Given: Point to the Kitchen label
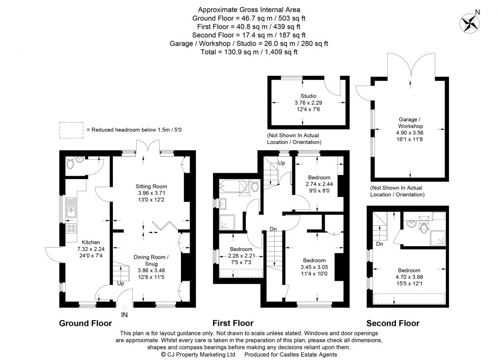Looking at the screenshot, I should coord(90,242).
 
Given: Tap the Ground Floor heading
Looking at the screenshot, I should coord(85,323).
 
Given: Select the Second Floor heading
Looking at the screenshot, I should coord(392,323).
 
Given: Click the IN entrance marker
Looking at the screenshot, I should coord(124,315).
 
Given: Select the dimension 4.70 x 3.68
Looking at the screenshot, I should coord(409,277).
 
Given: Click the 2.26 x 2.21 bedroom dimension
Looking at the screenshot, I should coord(241,256).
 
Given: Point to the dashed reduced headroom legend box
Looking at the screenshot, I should coord(71,129).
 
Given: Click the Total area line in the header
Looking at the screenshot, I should coord(249,52).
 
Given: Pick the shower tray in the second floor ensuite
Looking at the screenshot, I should coord(437,237).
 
